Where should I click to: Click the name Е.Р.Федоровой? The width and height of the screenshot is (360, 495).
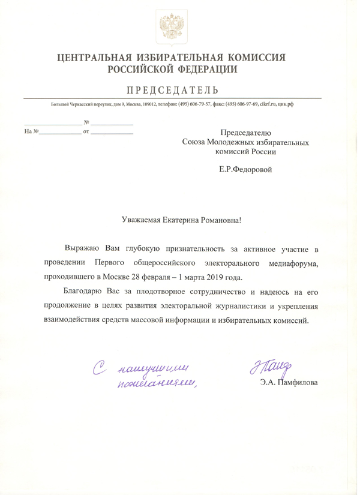(246, 170)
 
